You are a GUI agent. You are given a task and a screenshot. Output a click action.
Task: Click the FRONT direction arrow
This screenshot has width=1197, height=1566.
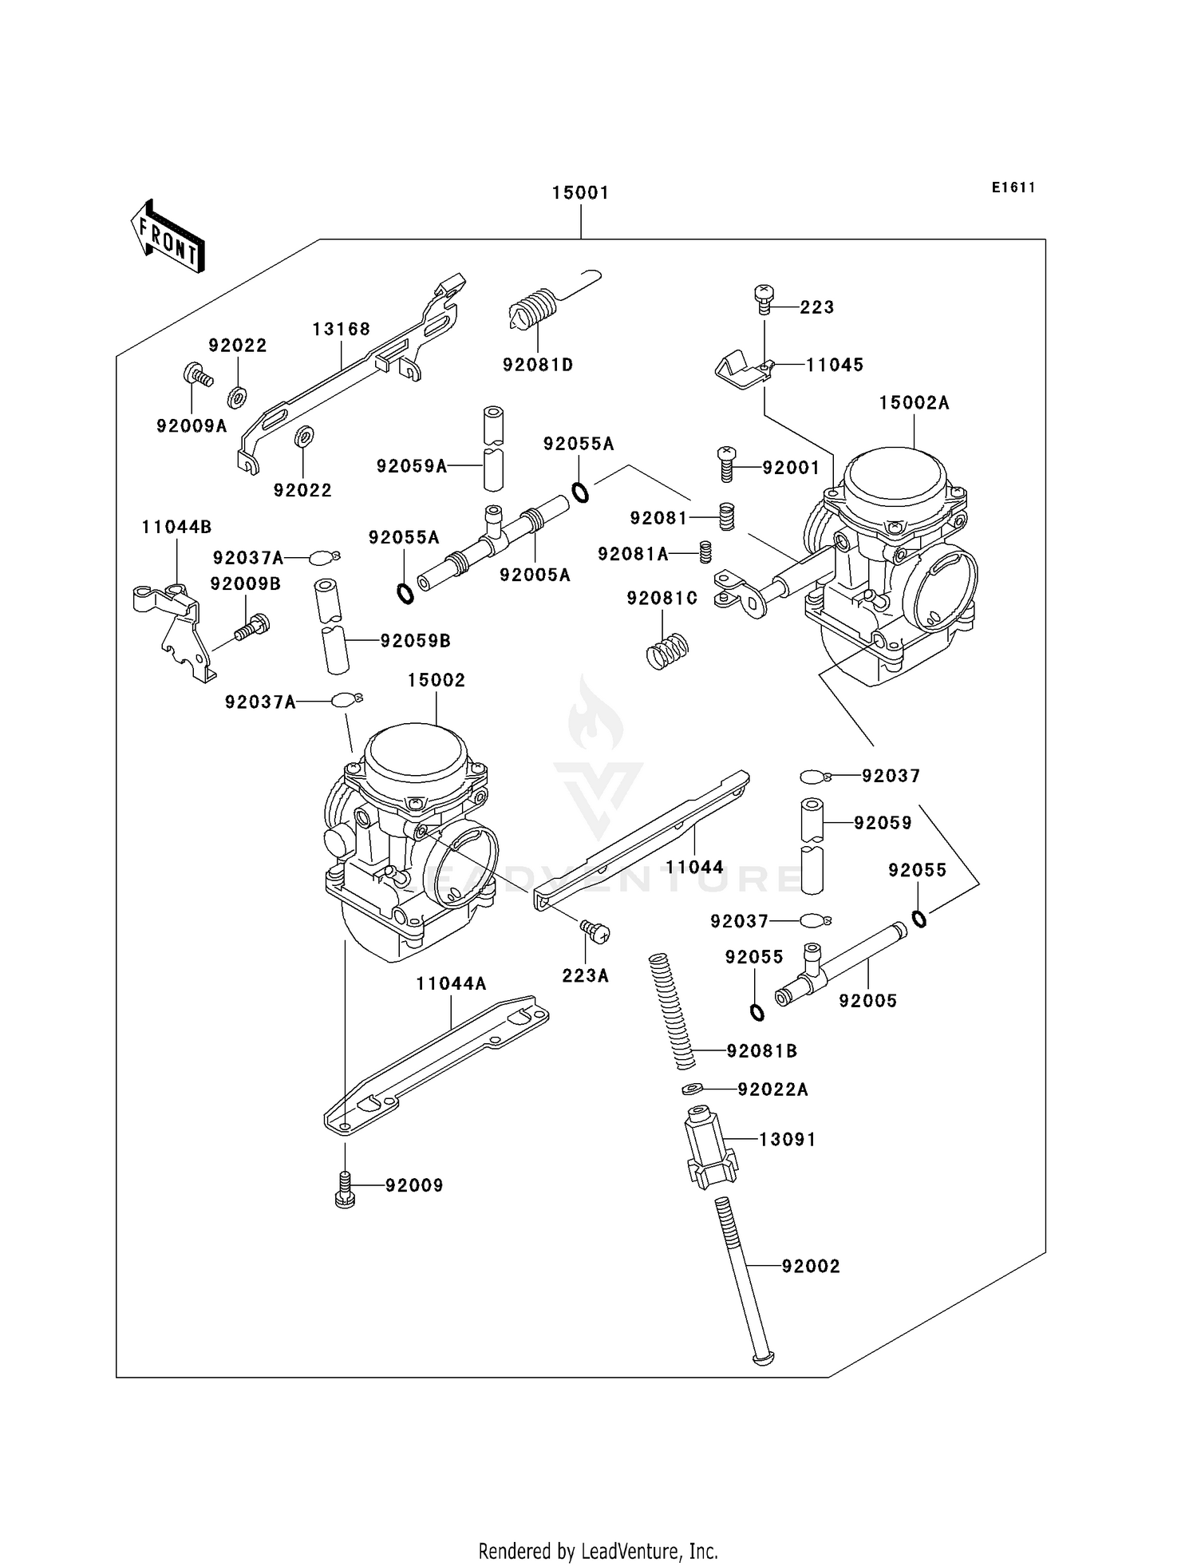coord(168,237)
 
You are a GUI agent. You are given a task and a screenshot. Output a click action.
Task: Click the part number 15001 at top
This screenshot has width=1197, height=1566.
coord(580,193)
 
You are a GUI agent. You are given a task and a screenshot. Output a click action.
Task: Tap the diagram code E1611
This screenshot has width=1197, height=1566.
coord(1013,188)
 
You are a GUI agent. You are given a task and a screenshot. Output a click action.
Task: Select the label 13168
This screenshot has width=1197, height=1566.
coord(341,330)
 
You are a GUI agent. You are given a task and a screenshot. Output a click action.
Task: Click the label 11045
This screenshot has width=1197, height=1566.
coord(834,365)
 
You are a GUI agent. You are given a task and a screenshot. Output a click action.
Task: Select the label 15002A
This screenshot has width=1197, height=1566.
coord(914,403)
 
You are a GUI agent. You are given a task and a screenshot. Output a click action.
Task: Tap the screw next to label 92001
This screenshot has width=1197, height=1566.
coord(726,464)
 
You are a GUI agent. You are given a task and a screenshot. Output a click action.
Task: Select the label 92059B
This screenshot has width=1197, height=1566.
coord(415,641)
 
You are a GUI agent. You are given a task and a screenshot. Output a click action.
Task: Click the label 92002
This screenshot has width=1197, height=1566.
coord(810,1267)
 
